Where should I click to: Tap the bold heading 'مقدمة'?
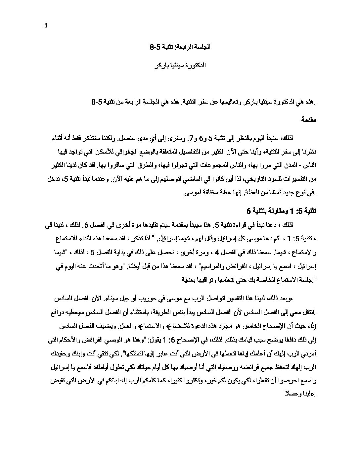pos(309,119)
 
